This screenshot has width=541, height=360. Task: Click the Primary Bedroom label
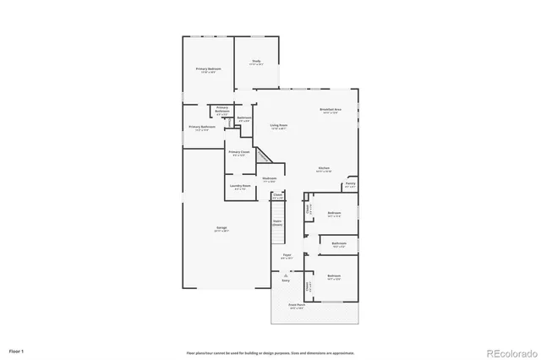click(x=208, y=70)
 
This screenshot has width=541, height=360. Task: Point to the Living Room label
click(x=279, y=127)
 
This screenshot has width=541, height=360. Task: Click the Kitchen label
click(x=324, y=169)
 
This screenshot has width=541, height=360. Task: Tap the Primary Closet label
click(x=238, y=153)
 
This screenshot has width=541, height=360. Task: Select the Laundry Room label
click(x=241, y=187)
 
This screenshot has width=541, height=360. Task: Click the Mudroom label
click(x=270, y=179)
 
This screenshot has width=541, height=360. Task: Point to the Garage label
click(x=221, y=229)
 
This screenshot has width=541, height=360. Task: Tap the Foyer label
click(x=287, y=256)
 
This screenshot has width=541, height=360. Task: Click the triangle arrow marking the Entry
click(x=287, y=275)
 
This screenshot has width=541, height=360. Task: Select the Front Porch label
click(x=296, y=306)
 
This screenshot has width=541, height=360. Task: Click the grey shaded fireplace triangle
click(x=264, y=156)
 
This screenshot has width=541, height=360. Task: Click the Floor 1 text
click(x=17, y=350)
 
